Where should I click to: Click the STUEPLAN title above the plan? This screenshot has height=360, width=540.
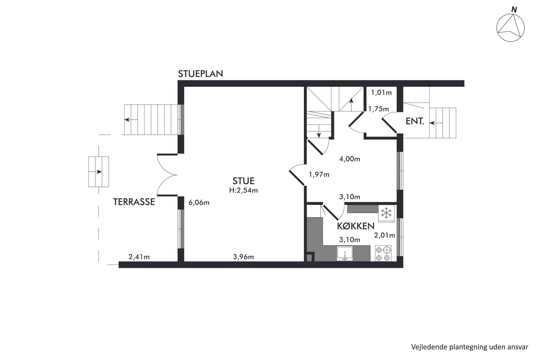tap(201, 74)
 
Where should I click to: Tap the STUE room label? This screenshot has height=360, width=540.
tap(243, 181)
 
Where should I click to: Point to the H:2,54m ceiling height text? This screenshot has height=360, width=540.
tap(243, 190)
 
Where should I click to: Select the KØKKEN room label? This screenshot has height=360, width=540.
tap(356, 226)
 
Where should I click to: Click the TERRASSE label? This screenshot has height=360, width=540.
tap(134, 202)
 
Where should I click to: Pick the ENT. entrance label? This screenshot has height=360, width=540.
tap(415, 121)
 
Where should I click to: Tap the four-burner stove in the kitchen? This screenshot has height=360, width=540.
tap(383, 253)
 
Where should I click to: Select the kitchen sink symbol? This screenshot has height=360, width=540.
tap(345, 253)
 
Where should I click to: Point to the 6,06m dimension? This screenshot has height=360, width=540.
tap(199, 202)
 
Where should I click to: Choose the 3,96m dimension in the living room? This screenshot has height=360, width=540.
tap(243, 257)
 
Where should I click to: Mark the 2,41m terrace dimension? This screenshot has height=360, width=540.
tap(139, 257)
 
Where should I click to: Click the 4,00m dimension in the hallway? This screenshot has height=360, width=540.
tap(349, 159)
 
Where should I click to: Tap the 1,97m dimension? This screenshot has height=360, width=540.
tap(319, 174)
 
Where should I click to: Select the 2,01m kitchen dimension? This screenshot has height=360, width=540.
tap(385, 235)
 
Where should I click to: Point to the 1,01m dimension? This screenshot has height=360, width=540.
tap(381, 93)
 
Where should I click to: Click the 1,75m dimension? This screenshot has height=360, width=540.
tap(379, 109)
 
